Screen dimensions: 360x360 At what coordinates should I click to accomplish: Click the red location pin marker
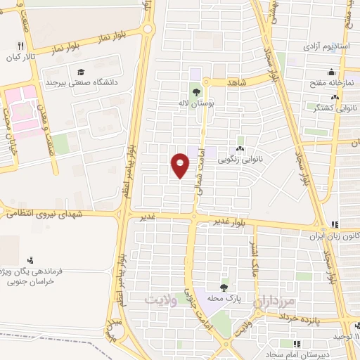(181, 165)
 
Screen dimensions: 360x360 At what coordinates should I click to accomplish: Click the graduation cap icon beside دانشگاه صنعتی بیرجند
(81, 72)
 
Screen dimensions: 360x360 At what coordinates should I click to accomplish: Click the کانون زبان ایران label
(337, 236)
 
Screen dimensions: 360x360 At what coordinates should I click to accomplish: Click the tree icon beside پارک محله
(224, 287)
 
